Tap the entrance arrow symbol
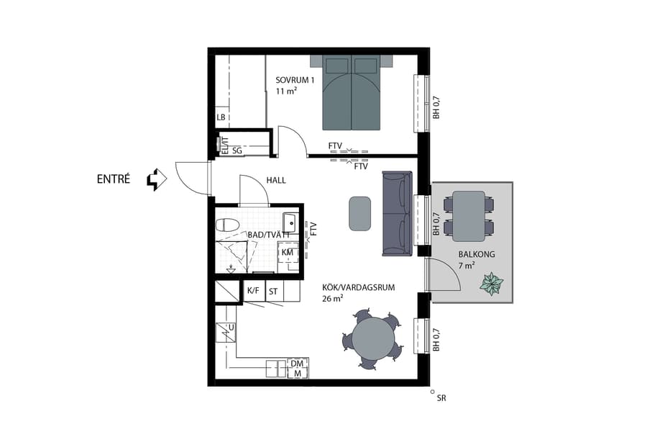(156, 179)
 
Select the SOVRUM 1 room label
(295, 80)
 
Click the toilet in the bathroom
(227, 225)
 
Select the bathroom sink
(290, 220)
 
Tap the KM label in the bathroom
(288, 253)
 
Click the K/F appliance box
(253, 291)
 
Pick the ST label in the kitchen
(273, 292)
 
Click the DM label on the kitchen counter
(297, 364)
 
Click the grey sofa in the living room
(397, 214)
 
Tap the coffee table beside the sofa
(359, 214)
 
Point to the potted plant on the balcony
(492, 284)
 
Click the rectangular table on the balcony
(469, 215)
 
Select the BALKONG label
(476, 255)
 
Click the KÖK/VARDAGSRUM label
(358, 287)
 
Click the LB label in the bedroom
(221, 117)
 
